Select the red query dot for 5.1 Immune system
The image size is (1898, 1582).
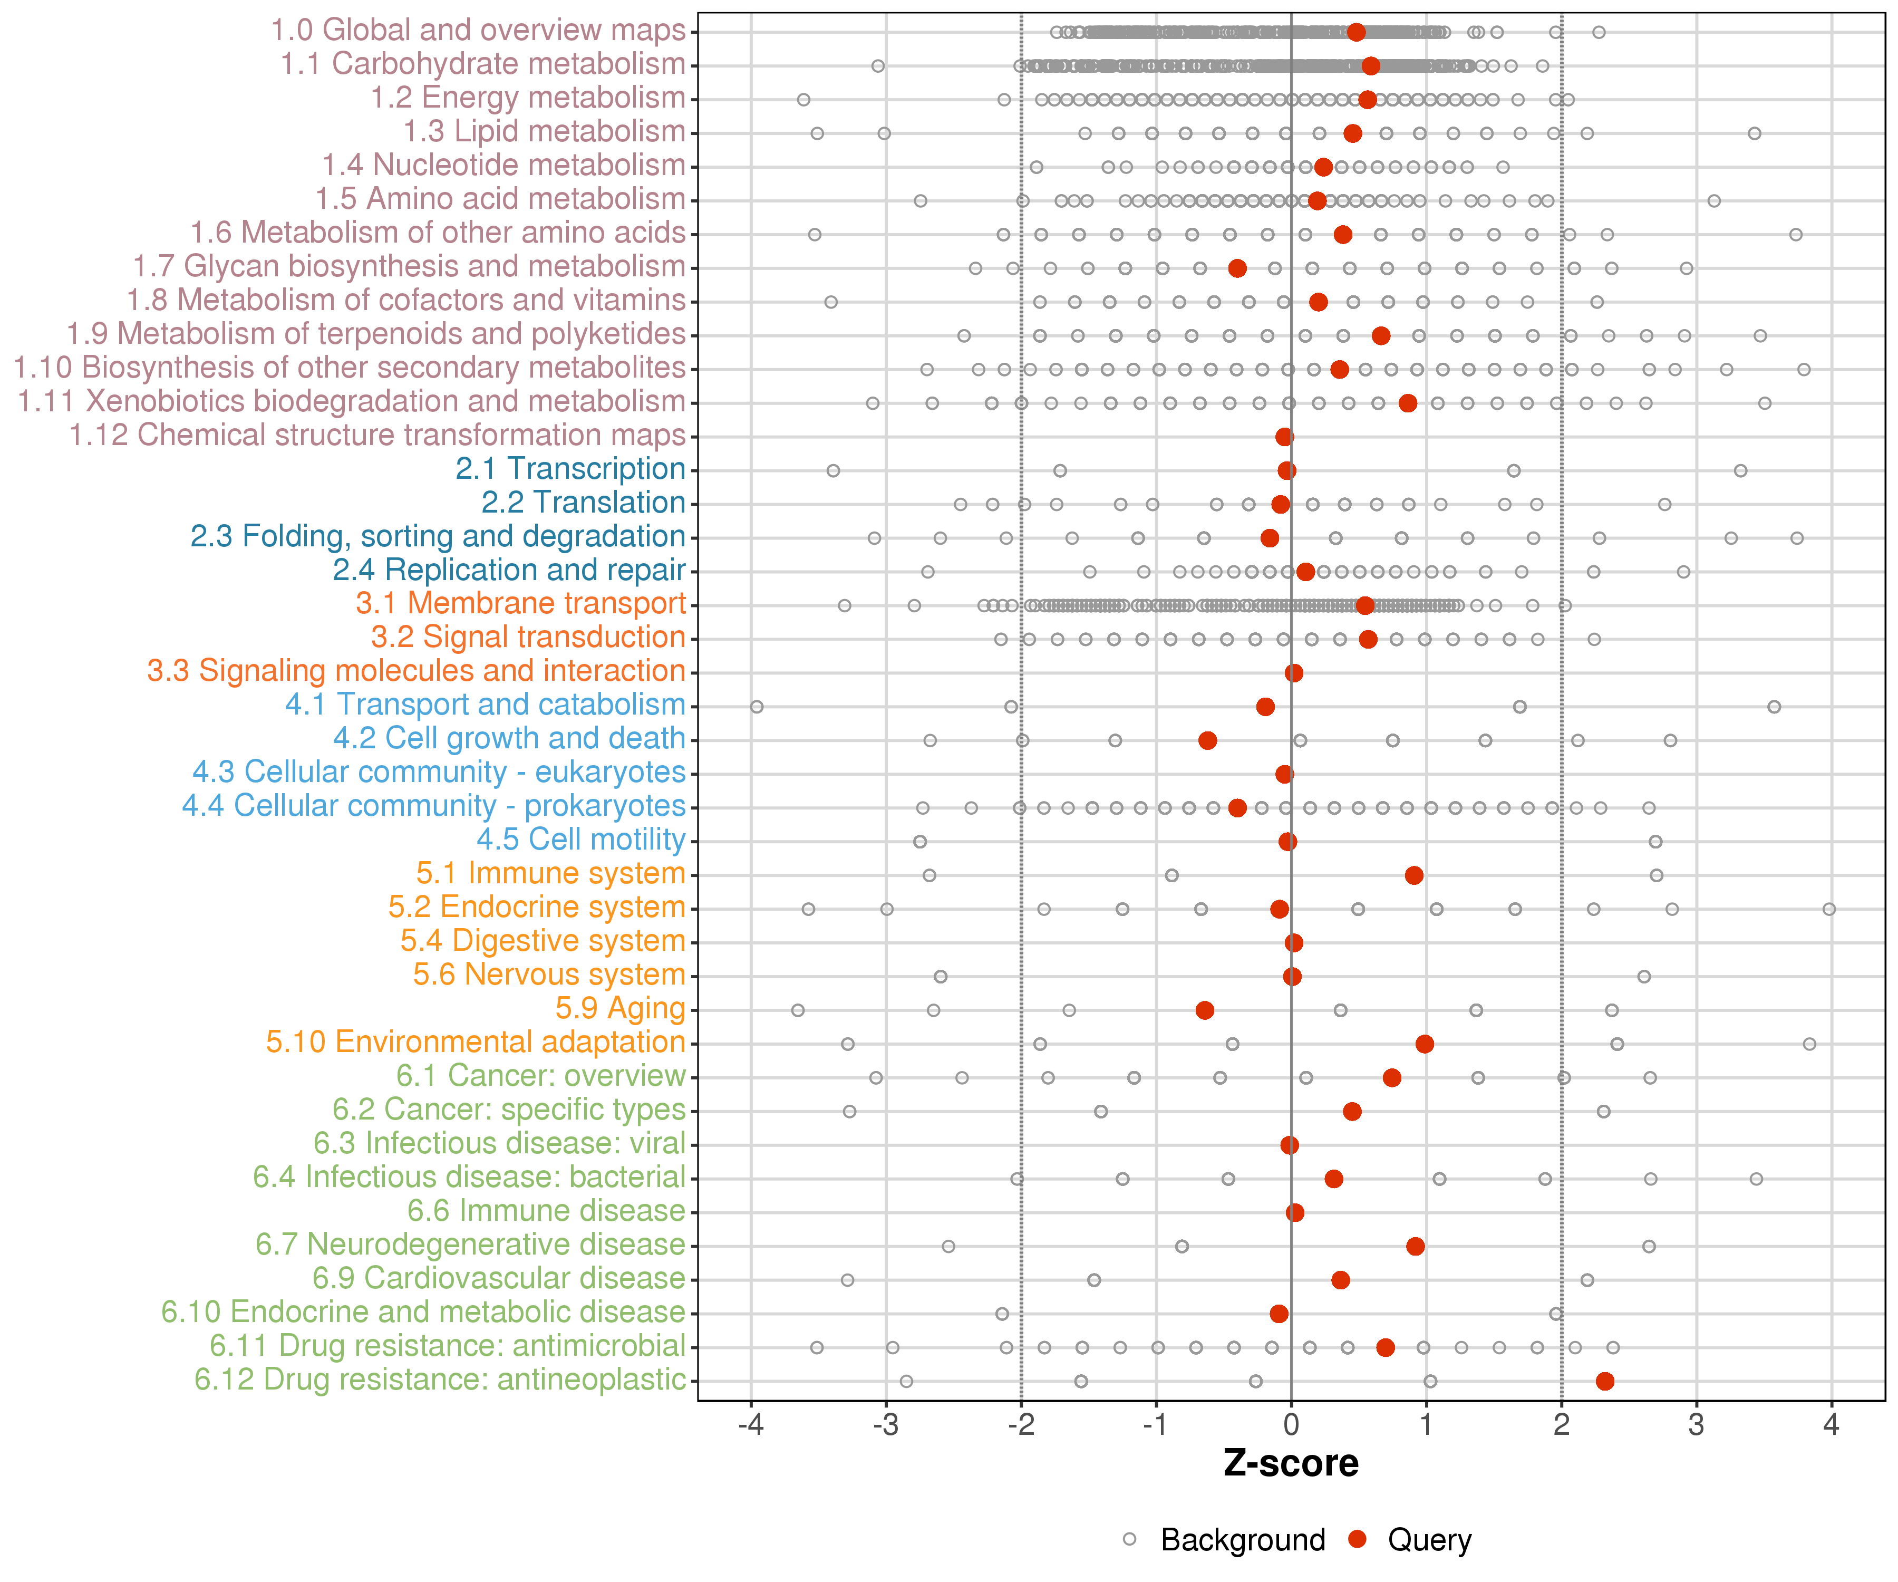pos(1415,875)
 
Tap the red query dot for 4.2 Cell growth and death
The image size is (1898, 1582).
pos(1207,740)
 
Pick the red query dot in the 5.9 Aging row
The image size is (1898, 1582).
pos(1205,1010)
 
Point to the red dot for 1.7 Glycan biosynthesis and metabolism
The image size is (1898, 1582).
pos(1237,268)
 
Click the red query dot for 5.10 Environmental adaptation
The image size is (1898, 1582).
pos(1425,1044)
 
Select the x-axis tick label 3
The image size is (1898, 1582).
pos(1697,1425)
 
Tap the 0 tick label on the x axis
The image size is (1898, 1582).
pos(1292,1425)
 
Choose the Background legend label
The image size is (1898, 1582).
pos(1243,1539)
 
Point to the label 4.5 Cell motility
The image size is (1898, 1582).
pos(581,840)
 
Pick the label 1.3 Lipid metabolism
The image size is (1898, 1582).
pos(544,132)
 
